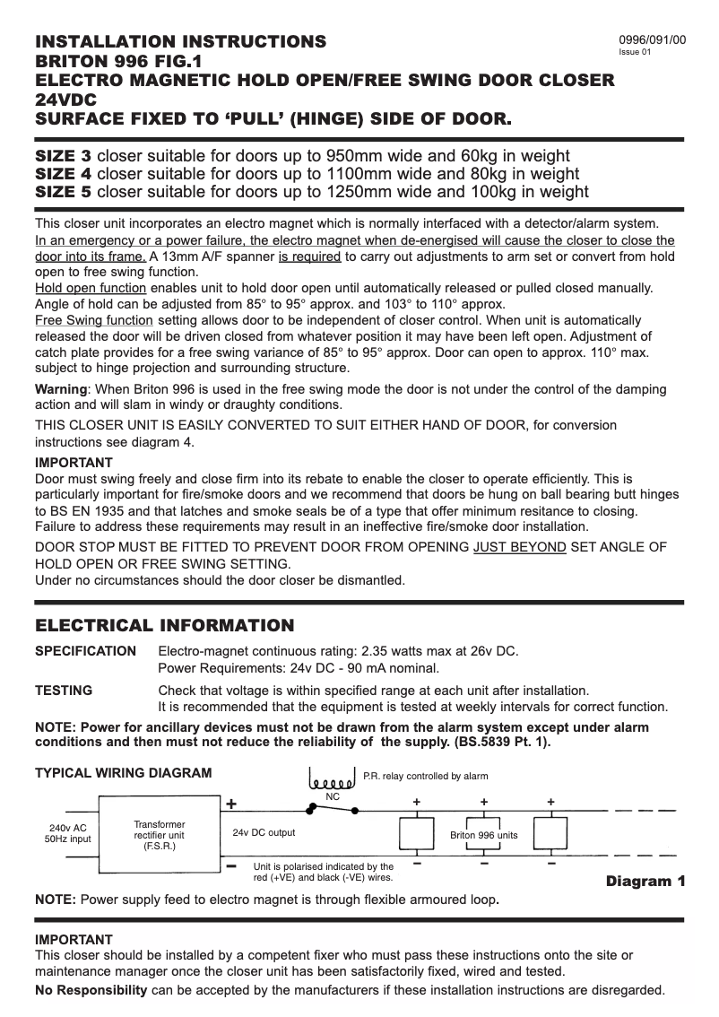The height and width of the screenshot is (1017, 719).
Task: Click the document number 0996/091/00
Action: click(x=653, y=40)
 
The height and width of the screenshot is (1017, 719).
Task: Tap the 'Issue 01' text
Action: click(x=635, y=53)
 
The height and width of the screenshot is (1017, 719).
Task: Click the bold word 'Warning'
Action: click(x=61, y=389)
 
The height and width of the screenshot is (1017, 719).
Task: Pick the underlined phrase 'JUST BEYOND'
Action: click(x=520, y=547)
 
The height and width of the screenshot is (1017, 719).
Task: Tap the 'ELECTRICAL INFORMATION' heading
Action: click(x=164, y=625)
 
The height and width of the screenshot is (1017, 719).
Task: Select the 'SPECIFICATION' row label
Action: click(x=85, y=651)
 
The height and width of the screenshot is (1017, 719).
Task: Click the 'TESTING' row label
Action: click(x=63, y=690)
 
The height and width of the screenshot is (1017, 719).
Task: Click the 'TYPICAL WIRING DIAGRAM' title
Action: click(x=123, y=773)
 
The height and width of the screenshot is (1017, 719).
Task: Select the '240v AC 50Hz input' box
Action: click(x=69, y=834)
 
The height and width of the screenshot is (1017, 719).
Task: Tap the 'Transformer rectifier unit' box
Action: click(x=160, y=834)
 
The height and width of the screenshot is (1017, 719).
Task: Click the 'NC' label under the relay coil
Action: click(x=332, y=796)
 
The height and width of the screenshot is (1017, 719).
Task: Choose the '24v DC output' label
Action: click(x=264, y=832)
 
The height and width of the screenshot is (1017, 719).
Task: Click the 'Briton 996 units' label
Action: click(x=483, y=835)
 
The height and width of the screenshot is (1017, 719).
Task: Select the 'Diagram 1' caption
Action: click(x=645, y=882)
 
